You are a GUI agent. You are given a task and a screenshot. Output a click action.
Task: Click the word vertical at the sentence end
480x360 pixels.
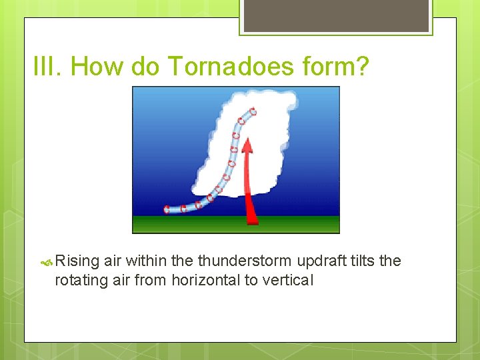coord(288,280)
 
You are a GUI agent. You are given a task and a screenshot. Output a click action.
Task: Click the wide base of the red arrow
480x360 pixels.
coord(252,219)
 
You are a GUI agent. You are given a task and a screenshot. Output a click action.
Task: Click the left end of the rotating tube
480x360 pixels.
coord(167,209)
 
